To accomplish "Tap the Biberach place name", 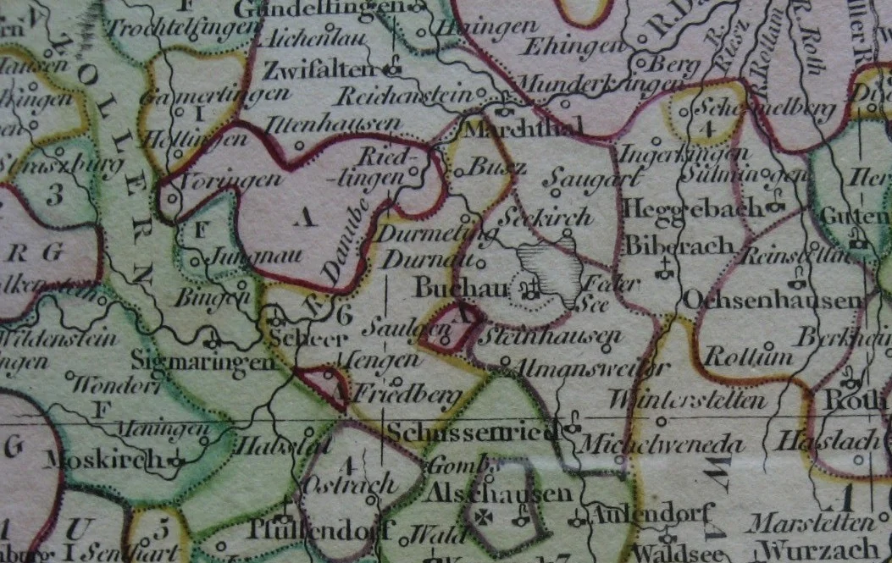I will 668,246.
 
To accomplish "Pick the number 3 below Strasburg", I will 55,196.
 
